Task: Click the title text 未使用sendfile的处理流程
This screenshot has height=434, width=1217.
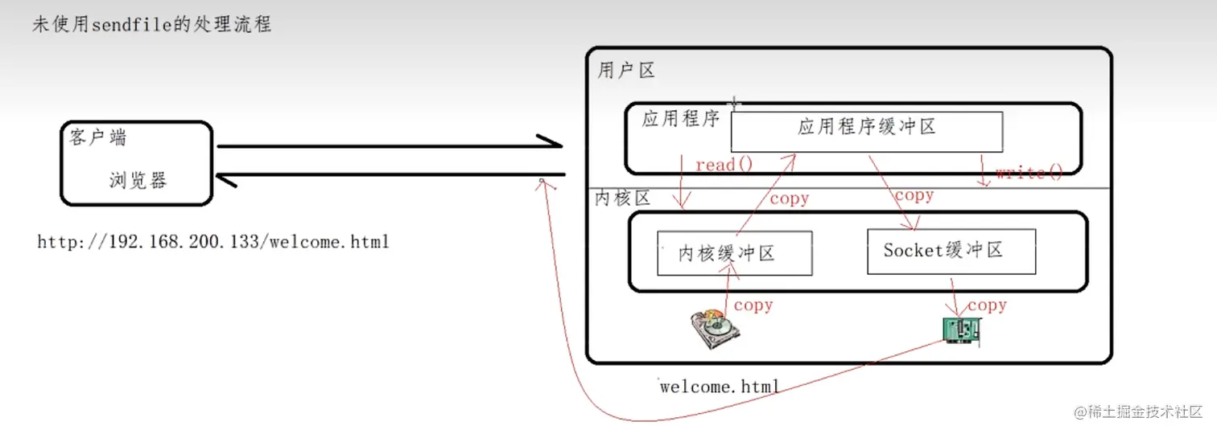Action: (151, 24)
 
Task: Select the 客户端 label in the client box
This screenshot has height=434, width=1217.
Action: (97, 137)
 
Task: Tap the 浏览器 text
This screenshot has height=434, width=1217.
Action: (138, 179)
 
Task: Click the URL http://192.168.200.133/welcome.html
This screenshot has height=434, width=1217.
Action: (213, 241)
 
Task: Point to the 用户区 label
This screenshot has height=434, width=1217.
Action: (625, 71)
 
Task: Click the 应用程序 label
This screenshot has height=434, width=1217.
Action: (679, 120)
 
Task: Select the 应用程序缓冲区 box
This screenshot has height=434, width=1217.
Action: (866, 131)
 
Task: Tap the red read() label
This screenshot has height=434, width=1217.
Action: (724, 165)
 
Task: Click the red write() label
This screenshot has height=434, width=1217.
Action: (1029, 172)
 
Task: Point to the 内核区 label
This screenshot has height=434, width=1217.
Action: (621, 199)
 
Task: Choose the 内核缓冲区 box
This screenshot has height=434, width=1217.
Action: (734, 253)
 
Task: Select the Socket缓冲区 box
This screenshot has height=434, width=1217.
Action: (951, 251)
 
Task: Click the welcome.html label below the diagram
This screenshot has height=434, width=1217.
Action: (719, 387)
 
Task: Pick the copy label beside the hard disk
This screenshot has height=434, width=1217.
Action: (753, 305)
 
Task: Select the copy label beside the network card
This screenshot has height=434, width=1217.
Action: (987, 305)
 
